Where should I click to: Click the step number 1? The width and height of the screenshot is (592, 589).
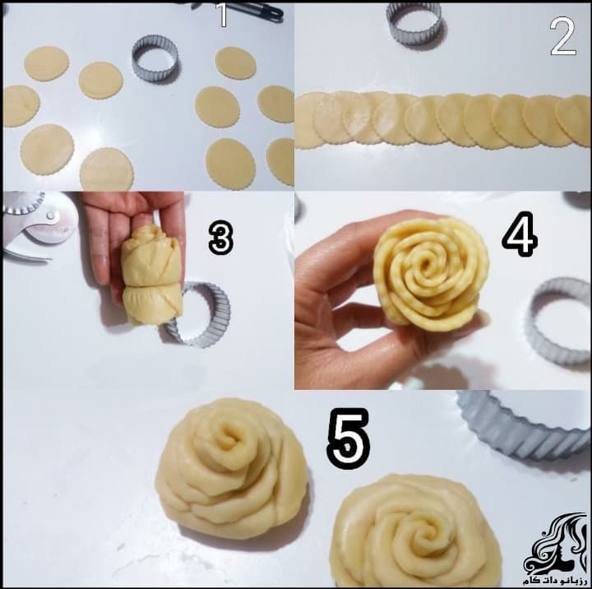tap(223, 15)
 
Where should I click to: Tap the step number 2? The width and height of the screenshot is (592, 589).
tap(563, 37)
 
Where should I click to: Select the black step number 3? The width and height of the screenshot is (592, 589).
tap(221, 237)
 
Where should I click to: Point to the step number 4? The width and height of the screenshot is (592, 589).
tap(520, 234)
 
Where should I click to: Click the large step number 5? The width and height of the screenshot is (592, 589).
tap(348, 438)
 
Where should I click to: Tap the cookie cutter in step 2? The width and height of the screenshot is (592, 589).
tap(414, 23)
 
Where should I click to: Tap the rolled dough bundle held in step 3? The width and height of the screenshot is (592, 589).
tap(151, 274)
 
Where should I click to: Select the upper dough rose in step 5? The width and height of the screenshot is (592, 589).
tap(231, 468)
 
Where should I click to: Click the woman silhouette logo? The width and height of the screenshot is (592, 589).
tap(556, 544)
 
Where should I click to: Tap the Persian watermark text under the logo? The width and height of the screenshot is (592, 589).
tap(556, 581)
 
